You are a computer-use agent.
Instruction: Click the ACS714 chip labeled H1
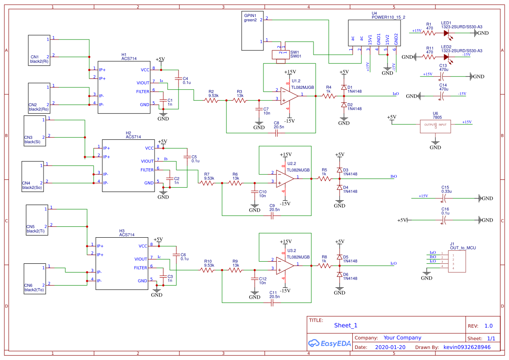click(124, 87)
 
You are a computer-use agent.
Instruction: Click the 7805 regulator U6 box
click(435, 125)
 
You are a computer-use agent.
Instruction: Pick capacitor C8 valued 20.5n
click(276, 132)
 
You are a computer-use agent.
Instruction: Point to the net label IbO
click(394, 176)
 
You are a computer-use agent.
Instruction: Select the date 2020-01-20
click(390, 347)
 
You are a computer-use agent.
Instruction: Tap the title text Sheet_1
click(346, 325)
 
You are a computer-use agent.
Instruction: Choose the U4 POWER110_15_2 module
click(374, 33)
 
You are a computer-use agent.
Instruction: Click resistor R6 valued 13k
click(235, 183)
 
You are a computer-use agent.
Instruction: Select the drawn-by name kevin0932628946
click(467, 347)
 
